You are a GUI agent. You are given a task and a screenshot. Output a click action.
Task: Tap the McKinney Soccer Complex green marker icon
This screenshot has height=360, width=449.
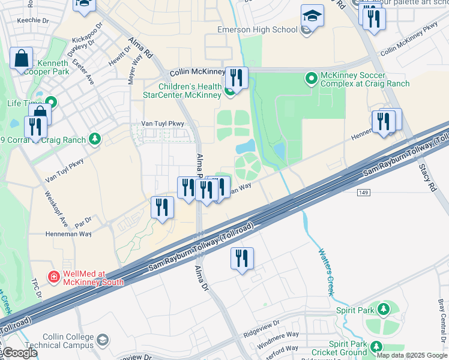(311, 78)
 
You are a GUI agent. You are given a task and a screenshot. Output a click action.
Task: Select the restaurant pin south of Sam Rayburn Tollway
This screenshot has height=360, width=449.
(242, 259)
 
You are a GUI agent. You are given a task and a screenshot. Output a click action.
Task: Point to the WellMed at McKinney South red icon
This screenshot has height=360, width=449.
(53, 277)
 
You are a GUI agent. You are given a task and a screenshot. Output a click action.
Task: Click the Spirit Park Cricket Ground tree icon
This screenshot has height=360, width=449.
(376, 347)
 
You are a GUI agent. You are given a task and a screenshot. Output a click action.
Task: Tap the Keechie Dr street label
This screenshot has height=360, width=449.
(16, 20)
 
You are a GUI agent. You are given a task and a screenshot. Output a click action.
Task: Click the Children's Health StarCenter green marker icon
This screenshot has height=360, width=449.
(229, 92)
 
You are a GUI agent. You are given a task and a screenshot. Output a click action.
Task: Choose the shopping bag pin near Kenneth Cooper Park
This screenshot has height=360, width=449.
(21, 59)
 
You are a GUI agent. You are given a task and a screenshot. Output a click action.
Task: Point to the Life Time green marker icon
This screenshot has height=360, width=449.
(51, 101)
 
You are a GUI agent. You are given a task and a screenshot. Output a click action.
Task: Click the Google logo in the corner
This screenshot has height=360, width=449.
(19, 353)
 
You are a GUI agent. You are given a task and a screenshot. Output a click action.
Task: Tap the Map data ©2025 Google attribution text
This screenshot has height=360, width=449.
(412, 355)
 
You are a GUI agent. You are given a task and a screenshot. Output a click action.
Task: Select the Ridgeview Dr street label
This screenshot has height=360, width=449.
(262, 328)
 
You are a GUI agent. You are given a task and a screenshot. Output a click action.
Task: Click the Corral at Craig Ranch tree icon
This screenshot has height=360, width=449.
(94, 140)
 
